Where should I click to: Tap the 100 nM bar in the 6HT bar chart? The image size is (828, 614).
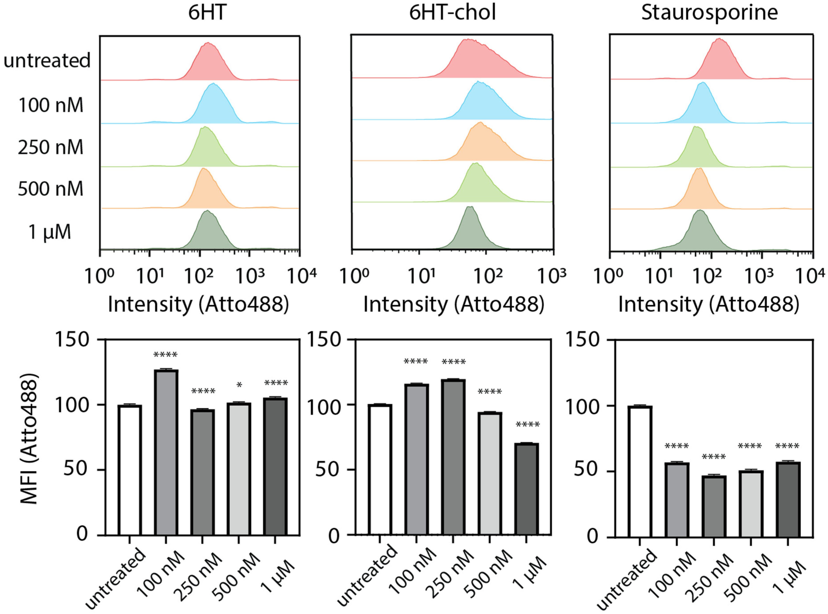[166, 452]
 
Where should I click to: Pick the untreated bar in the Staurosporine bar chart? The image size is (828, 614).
[640, 471]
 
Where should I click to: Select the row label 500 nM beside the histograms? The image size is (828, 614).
[51, 189]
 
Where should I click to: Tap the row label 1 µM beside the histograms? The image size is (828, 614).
[50, 232]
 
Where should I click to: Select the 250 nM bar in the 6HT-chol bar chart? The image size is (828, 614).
[453, 457]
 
